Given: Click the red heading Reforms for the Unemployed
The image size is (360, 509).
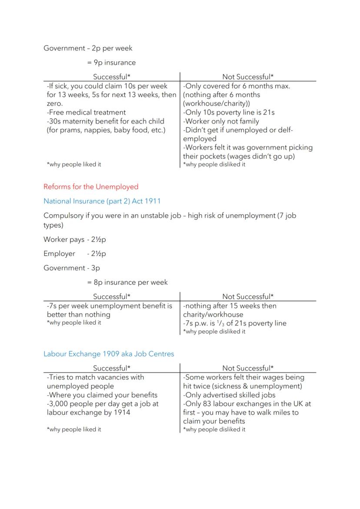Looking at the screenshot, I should pyautogui.click(x=91, y=187).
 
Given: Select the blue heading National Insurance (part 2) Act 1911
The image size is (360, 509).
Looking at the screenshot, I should pyautogui.click(x=102, y=201).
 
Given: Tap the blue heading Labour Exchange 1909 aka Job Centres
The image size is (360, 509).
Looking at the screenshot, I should pyautogui.click(x=109, y=354).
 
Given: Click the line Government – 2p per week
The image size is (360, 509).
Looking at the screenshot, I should pyautogui.click(x=88, y=48).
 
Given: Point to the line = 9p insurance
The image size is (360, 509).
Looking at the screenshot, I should pyautogui.click(x=111, y=63).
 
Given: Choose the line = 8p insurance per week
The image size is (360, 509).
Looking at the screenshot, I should pyautogui.click(x=127, y=283).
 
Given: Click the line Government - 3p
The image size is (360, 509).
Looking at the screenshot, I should pyautogui.click(x=72, y=268).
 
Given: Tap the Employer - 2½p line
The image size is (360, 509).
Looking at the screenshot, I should pyautogui.click(x=75, y=254).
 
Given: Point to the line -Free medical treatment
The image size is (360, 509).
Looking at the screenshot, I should pyautogui.click(x=86, y=113).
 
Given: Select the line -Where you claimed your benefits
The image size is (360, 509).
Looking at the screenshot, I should pyautogui.click(x=102, y=395).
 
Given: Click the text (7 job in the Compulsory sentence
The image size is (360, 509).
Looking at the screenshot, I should pyautogui.click(x=287, y=216).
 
